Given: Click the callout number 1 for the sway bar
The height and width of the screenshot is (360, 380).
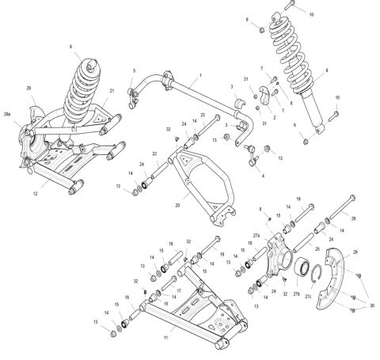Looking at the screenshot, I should click(201, 74).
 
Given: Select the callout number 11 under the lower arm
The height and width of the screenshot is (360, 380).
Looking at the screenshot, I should click(165, 338).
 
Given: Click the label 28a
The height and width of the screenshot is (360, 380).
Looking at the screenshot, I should click(9, 116).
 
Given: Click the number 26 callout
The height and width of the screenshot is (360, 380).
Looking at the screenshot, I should click(353, 218).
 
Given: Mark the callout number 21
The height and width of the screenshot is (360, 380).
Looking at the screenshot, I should click(112, 90).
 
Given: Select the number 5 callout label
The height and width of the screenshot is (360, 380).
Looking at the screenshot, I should click(135, 71).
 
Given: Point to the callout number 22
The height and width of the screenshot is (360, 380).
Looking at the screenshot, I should click(154, 153).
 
